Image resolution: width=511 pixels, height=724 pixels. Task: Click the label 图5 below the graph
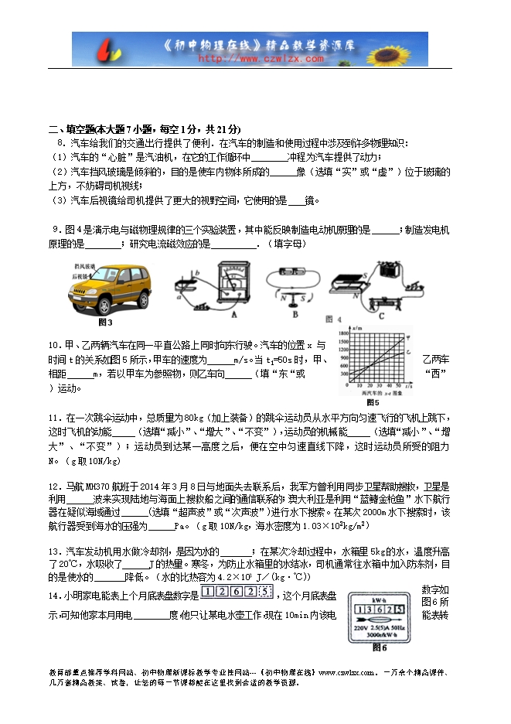click(x=373, y=402)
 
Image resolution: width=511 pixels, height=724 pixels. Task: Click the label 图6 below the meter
click(x=378, y=647)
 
